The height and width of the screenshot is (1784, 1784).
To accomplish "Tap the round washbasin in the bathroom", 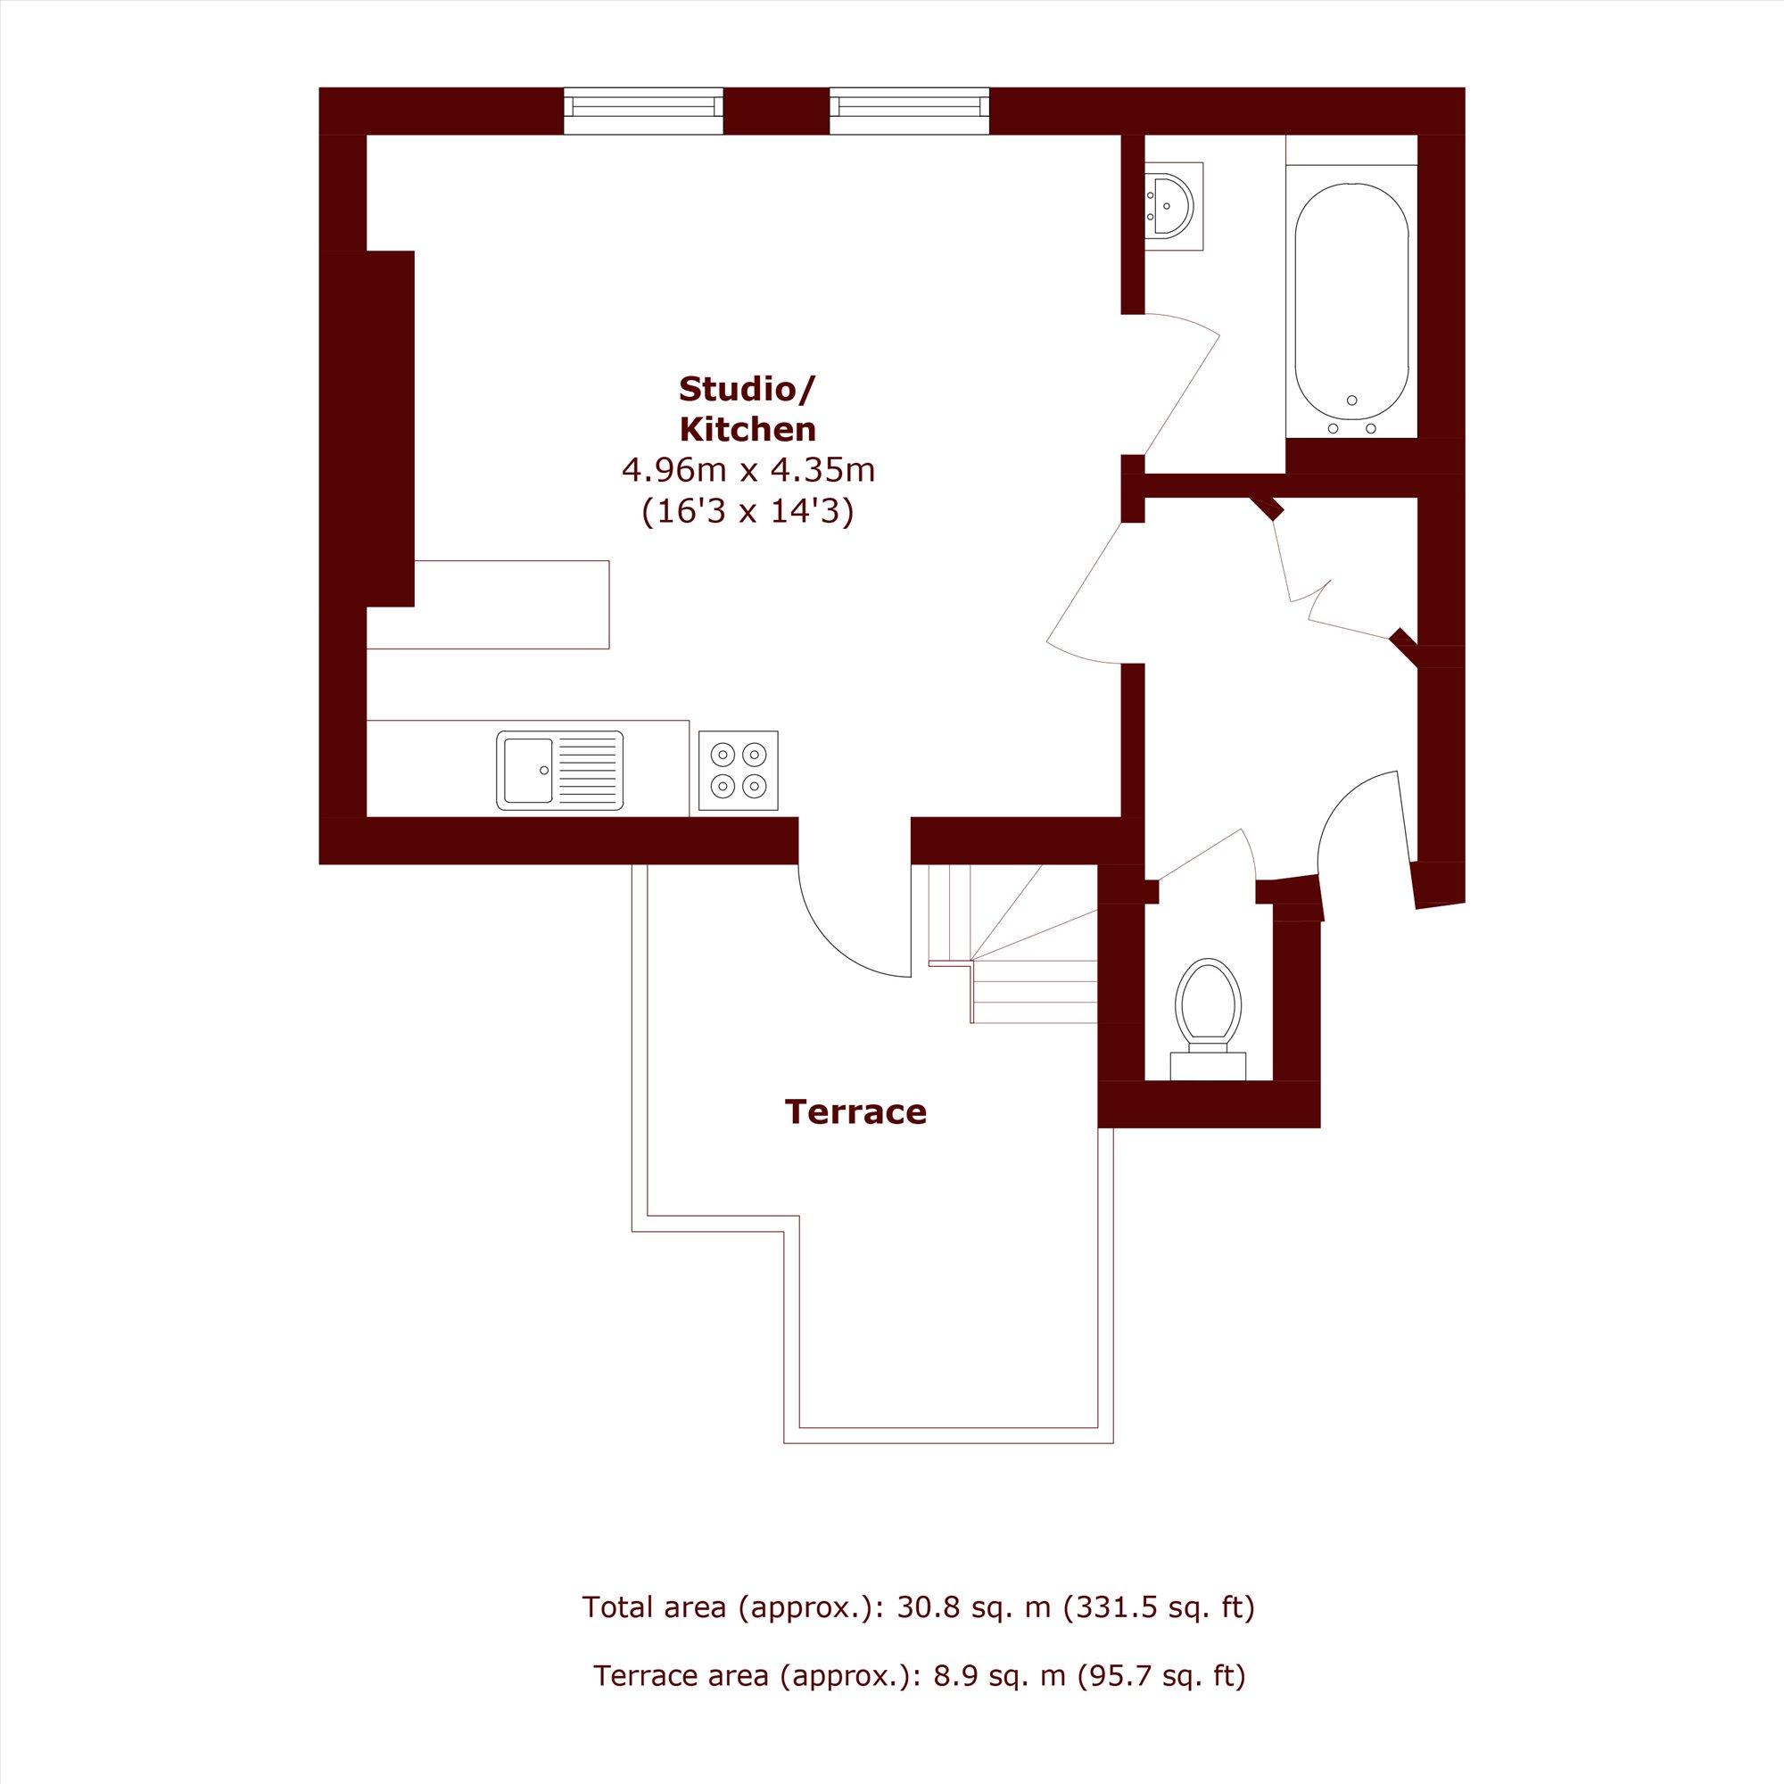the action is [x=1171, y=206].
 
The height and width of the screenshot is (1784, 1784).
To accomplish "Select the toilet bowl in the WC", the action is [x=1209, y=1001].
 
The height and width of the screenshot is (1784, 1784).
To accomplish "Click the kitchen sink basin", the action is [x=527, y=770].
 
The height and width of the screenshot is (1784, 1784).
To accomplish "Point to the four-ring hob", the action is [x=738, y=770].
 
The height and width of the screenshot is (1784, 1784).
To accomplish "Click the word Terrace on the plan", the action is [x=855, y=1111].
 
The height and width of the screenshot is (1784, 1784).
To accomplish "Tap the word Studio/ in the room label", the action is [x=747, y=389].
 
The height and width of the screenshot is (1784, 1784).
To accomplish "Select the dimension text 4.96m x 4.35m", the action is [x=748, y=470].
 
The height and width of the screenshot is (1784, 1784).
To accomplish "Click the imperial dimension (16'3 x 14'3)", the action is [x=748, y=510].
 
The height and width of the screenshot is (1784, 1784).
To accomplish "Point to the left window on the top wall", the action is [x=644, y=111].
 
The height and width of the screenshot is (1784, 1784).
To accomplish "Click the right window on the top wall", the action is [x=910, y=111].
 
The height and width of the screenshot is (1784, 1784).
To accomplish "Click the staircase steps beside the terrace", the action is [x=1013, y=944].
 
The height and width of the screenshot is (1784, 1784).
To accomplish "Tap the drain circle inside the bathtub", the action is [x=1352, y=400].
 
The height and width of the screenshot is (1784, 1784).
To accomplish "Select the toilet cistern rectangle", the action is [x=1208, y=1066].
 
